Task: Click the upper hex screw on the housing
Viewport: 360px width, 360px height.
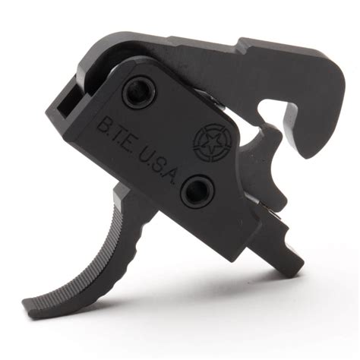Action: click(139, 93)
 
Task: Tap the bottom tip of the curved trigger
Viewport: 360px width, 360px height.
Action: click(26, 307)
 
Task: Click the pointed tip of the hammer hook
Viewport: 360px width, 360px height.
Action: click(307, 155)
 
